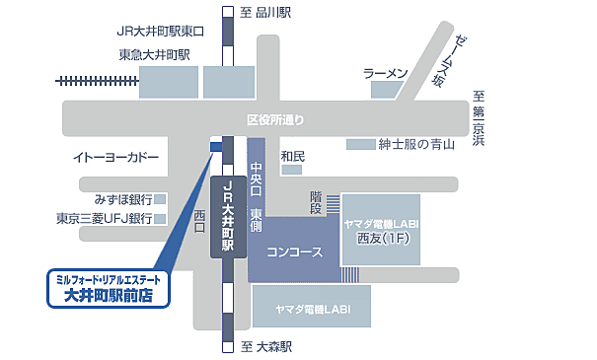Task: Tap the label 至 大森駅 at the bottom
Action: tap(268, 347)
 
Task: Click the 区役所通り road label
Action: tap(275, 120)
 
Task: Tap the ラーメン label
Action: tap(386, 74)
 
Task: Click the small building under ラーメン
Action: tap(384, 91)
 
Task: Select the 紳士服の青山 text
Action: tap(414, 145)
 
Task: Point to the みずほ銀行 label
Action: tap(117, 198)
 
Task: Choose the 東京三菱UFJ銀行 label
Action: tap(105, 218)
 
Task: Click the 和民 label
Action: tap(292, 156)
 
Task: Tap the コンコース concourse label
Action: tap(295, 252)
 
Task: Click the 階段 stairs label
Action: tap(316, 202)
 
